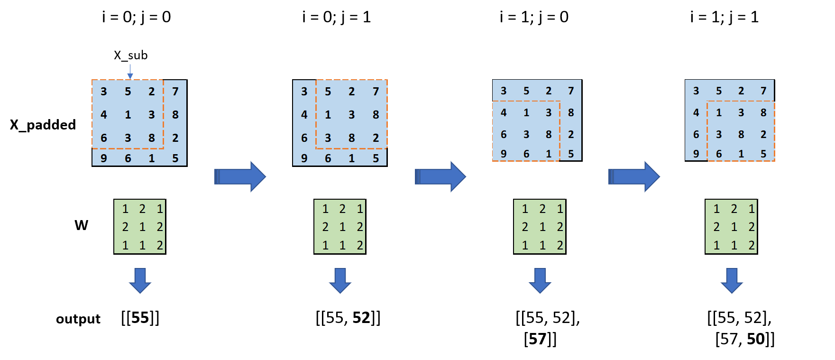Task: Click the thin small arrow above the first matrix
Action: pyautogui.click(x=130, y=72)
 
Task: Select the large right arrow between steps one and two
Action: pyautogui.click(x=240, y=176)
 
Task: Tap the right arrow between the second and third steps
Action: pyautogui.click(x=440, y=176)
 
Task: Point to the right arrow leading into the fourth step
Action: pyautogui.click(x=634, y=176)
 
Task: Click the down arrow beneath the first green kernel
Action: pyautogui.click(x=140, y=280)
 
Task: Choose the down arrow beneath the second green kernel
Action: pyautogui.click(x=340, y=280)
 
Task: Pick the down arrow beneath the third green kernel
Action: pyautogui.click(x=540, y=280)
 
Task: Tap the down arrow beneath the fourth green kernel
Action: pyautogui.click(x=732, y=280)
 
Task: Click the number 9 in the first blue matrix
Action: pyautogui.click(x=104, y=158)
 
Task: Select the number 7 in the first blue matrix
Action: pyautogui.click(x=175, y=91)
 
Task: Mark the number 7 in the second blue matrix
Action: pyautogui.click(x=376, y=91)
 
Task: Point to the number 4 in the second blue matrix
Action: pyautogui.click(x=304, y=115)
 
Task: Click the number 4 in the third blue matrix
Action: pyautogui.click(x=504, y=112)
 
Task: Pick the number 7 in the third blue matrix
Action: pyautogui.click(x=571, y=91)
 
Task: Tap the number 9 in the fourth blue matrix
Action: pyautogui.click(x=696, y=154)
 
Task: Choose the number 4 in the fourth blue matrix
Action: pyautogui.click(x=696, y=112)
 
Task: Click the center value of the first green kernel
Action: pyautogui.click(x=142, y=227)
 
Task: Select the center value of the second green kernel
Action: pyautogui.click(x=342, y=227)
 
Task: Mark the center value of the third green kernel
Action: pyautogui.click(x=542, y=227)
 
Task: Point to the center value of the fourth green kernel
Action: pyautogui.click(x=734, y=227)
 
